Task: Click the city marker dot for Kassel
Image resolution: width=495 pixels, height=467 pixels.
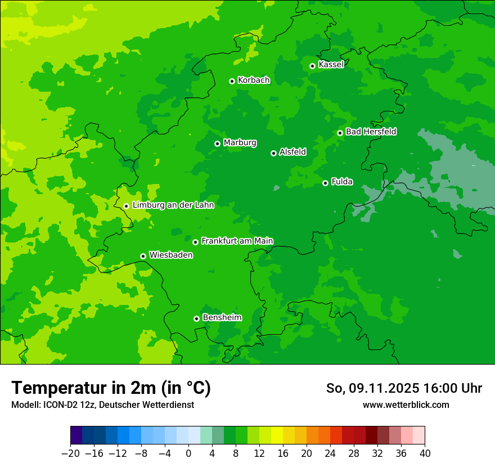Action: point(312,66)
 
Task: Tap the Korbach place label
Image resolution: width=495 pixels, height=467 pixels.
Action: point(254,80)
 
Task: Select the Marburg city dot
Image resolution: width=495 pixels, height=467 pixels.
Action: point(217,143)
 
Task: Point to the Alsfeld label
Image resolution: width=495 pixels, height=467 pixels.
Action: point(292,152)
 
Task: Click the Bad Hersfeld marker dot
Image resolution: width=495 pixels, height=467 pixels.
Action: point(340,133)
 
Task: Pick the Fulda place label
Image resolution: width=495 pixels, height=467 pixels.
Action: point(342,182)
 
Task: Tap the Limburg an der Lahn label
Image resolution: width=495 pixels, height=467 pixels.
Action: point(173,205)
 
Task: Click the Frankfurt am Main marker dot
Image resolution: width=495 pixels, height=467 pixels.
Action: point(195,242)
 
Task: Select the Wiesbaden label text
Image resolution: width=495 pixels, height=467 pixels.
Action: point(171,255)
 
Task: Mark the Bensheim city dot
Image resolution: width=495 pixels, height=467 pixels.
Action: point(196,318)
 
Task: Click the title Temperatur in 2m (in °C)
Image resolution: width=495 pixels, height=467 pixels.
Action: point(111,388)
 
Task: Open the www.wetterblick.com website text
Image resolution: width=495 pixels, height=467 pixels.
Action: point(406,405)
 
